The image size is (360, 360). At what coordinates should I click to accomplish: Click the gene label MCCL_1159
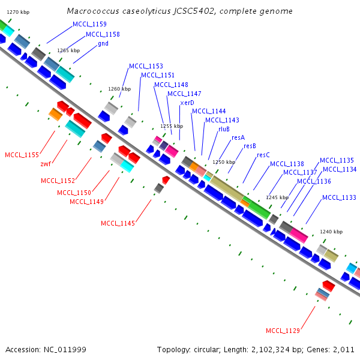[89, 24]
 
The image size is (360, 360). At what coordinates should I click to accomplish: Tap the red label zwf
[46, 164]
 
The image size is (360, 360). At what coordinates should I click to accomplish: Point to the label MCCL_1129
[283, 331]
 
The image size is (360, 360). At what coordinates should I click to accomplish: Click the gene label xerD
[187, 103]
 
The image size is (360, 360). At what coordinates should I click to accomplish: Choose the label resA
[238, 137]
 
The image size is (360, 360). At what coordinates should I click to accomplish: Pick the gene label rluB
[224, 129]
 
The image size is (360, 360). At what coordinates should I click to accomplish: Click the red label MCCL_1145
[118, 224]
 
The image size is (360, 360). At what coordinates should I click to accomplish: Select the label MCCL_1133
[339, 197]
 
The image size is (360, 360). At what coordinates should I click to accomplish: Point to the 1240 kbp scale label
[331, 232]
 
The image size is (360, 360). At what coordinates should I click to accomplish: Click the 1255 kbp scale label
[171, 127]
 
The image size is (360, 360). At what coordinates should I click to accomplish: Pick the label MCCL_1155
[22, 155]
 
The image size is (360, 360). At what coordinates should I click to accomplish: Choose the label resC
[263, 155]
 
